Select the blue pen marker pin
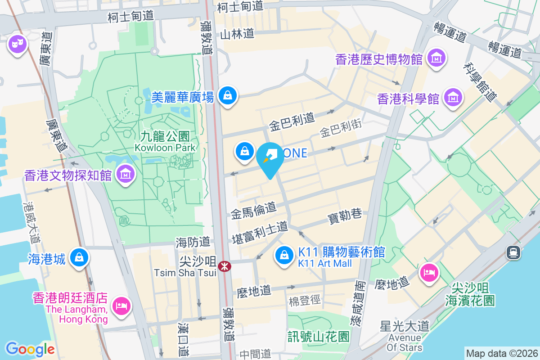click(270, 158)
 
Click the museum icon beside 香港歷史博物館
click(436, 58)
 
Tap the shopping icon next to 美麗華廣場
click(228, 96)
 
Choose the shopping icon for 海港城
click(79, 258)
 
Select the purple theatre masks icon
click(18, 45)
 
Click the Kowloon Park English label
click(165, 148)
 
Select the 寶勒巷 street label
click(344, 216)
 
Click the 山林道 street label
click(237, 33)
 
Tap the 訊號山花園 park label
click(319, 336)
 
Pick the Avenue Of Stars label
click(405, 342)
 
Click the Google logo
click(30, 349)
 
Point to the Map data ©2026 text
click(501, 353)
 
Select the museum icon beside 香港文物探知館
click(126, 175)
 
